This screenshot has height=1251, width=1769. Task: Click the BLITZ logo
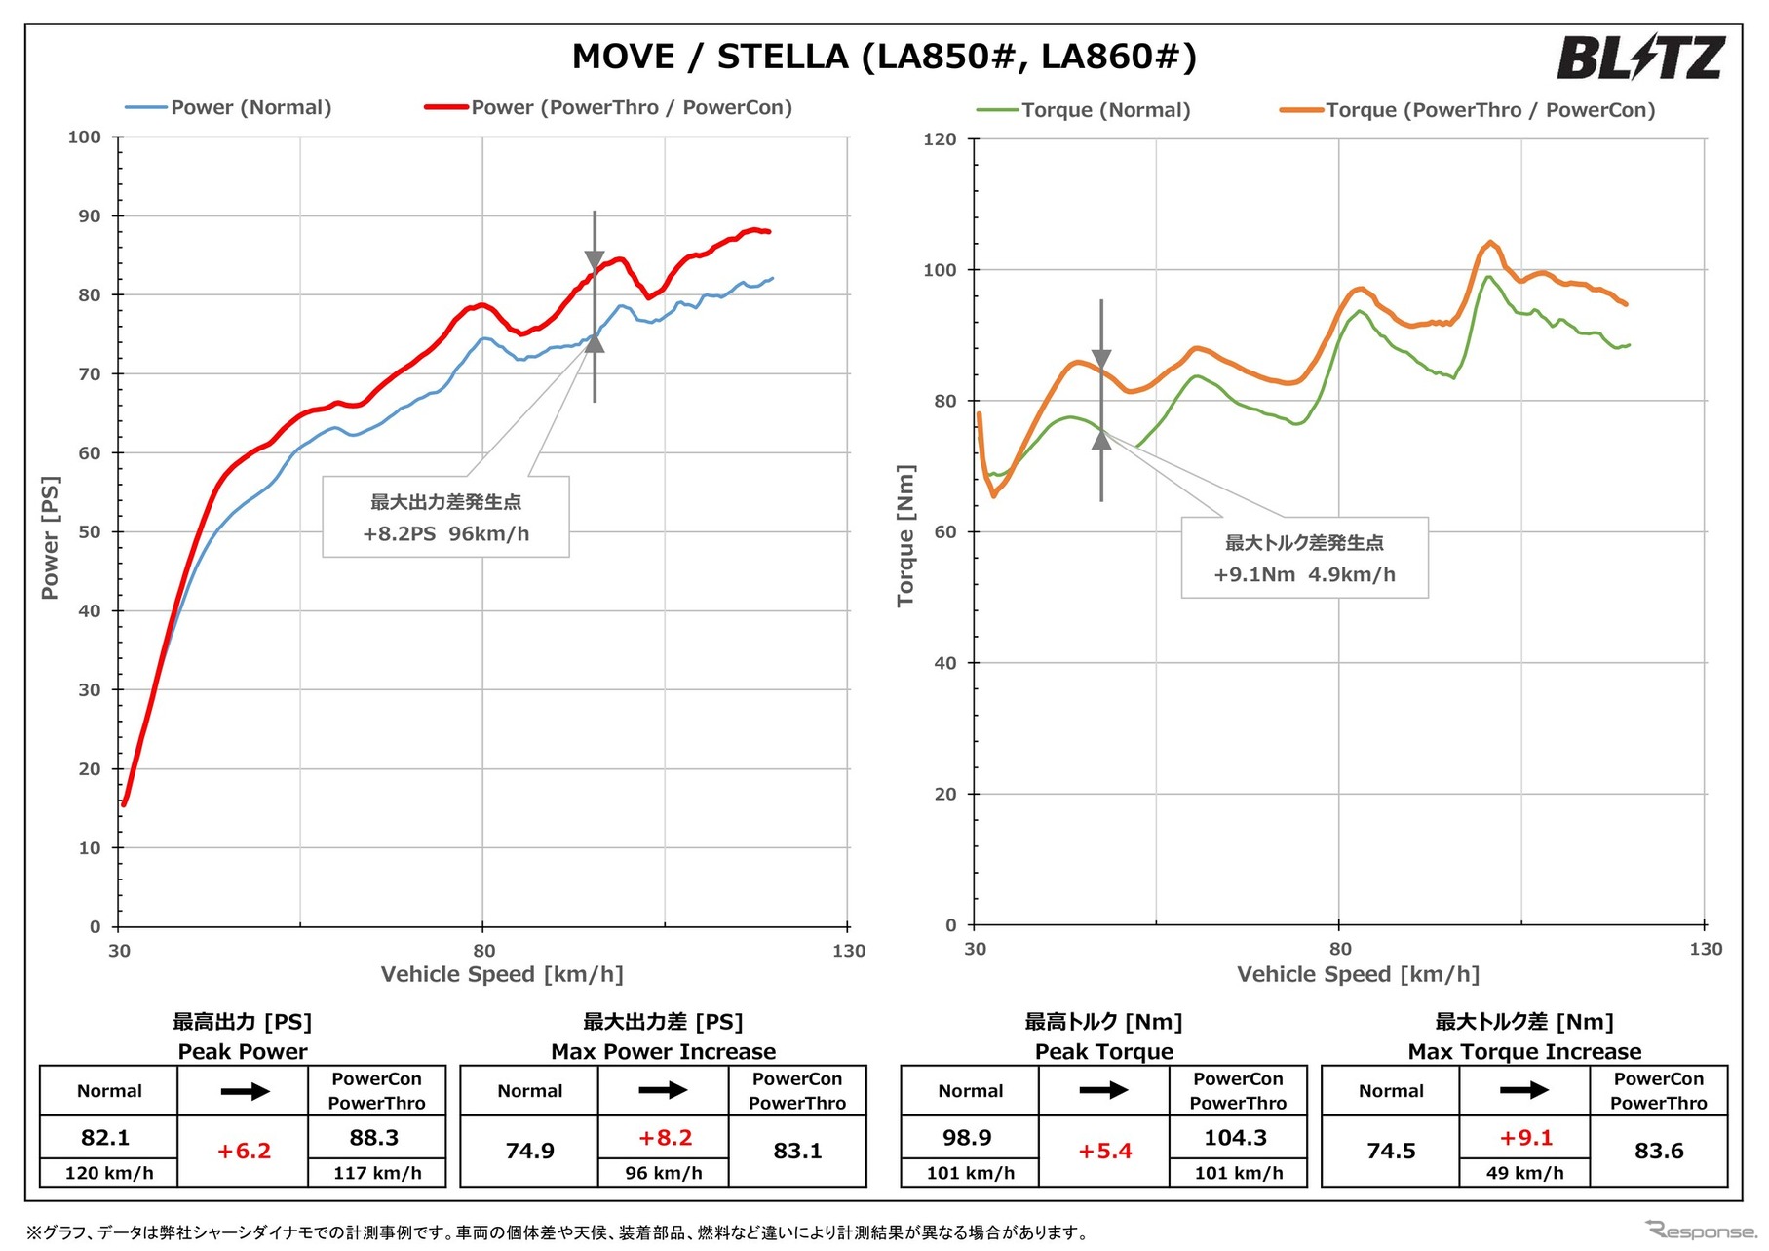(x=1640, y=58)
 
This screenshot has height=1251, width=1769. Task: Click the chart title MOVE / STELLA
(x=883, y=57)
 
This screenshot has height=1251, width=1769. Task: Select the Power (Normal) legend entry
(x=250, y=107)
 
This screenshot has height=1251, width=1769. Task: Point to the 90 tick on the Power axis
(x=90, y=216)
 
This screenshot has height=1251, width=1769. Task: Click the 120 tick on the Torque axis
(x=940, y=139)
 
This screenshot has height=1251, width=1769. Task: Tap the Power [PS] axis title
(x=50, y=537)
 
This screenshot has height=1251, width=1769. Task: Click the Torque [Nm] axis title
(x=905, y=535)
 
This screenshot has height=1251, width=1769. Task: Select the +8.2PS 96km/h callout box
(x=445, y=517)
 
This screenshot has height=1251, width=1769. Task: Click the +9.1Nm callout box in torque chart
(x=1304, y=558)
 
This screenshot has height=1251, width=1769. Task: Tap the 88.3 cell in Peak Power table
(x=376, y=1138)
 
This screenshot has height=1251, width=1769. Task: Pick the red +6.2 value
(x=243, y=1151)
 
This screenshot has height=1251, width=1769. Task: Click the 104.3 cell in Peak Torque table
(x=1236, y=1138)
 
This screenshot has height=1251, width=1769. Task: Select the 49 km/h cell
(x=1524, y=1173)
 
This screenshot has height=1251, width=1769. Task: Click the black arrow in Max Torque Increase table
(x=1524, y=1090)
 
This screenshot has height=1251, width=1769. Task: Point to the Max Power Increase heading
(x=663, y=1051)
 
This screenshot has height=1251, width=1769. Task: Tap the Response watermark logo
(x=1700, y=1231)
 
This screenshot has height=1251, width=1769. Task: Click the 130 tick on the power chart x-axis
(x=849, y=951)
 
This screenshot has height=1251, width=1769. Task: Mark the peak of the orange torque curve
(x=1490, y=242)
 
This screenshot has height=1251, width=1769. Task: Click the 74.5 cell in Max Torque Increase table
(x=1391, y=1151)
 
